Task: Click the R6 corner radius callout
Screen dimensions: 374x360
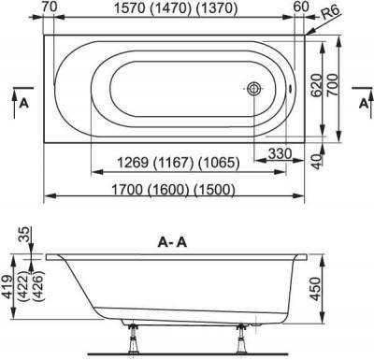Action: [x=330, y=13]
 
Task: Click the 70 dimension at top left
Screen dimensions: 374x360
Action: [x=50, y=7]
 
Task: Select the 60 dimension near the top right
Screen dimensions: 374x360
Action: [x=301, y=7]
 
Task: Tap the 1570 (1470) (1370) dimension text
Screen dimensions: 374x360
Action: [x=176, y=8]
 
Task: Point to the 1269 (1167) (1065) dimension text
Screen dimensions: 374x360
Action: [x=178, y=163]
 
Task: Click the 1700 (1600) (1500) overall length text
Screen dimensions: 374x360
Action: [x=173, y=189]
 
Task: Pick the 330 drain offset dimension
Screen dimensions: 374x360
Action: [x=280, y=153]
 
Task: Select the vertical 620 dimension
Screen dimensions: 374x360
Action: [x=316, y=86]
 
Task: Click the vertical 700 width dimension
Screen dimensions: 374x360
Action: [x=333, y=85]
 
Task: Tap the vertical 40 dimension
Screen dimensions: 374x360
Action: [x=317, y=161]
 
